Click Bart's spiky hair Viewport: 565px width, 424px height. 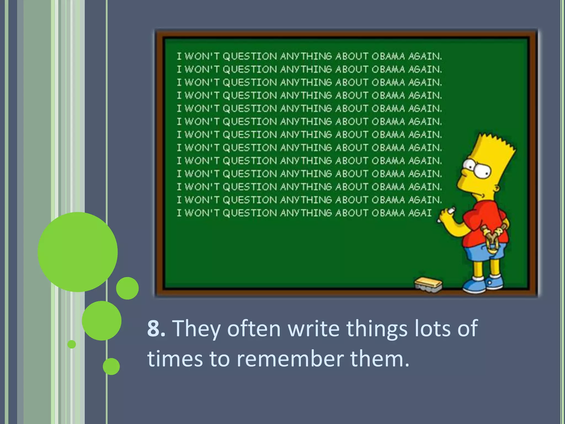pos(494,146)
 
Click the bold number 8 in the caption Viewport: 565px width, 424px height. pos(156,328)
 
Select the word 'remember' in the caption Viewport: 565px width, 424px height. pos(290,359)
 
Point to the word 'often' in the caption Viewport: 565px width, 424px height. pos(254,328)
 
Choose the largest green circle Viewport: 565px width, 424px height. pos(78,252)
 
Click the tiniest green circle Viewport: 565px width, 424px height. pos(72,344)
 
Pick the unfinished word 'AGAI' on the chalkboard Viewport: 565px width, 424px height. pos(420,213)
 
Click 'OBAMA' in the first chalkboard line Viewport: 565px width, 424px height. pos(388,56)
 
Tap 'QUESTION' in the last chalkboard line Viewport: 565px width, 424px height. pos(250,213)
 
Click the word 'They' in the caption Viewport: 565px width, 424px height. pos(197,328)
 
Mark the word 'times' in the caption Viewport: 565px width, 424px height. pos(175,359)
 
